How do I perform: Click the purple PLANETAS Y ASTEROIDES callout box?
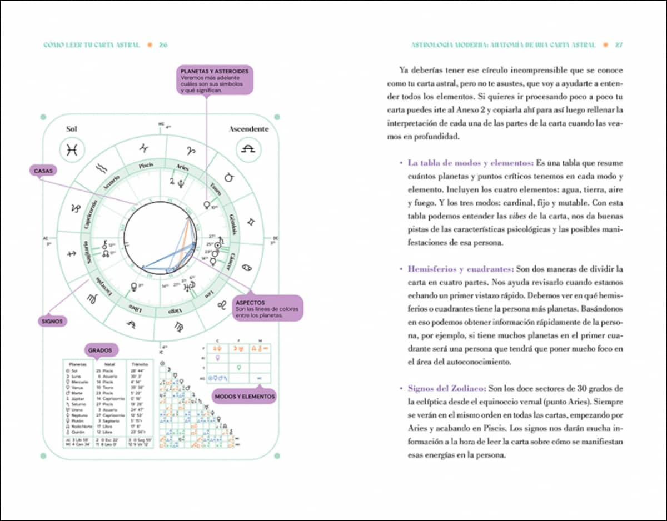click(x=214, y=81)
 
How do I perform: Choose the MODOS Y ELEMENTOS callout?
click(x=244, y=397)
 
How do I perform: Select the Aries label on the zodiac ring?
click(x=183, y=167)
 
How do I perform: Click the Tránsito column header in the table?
click(x=140, y=364)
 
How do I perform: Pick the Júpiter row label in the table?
click(x=75, y=398)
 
